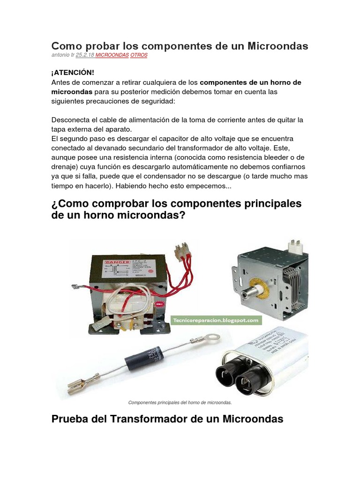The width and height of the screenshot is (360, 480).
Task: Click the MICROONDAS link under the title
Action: click(x=112, y=55)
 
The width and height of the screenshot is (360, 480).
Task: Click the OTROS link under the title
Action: click(x=139, y=55)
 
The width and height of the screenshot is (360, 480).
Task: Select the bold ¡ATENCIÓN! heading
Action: click(x=73, y=72)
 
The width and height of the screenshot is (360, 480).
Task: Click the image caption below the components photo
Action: click(x=180, y=402)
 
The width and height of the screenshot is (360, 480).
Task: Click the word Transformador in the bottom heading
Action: click(x=149, y=419)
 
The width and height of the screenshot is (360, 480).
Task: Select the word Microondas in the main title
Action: click(x=277, y=46)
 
